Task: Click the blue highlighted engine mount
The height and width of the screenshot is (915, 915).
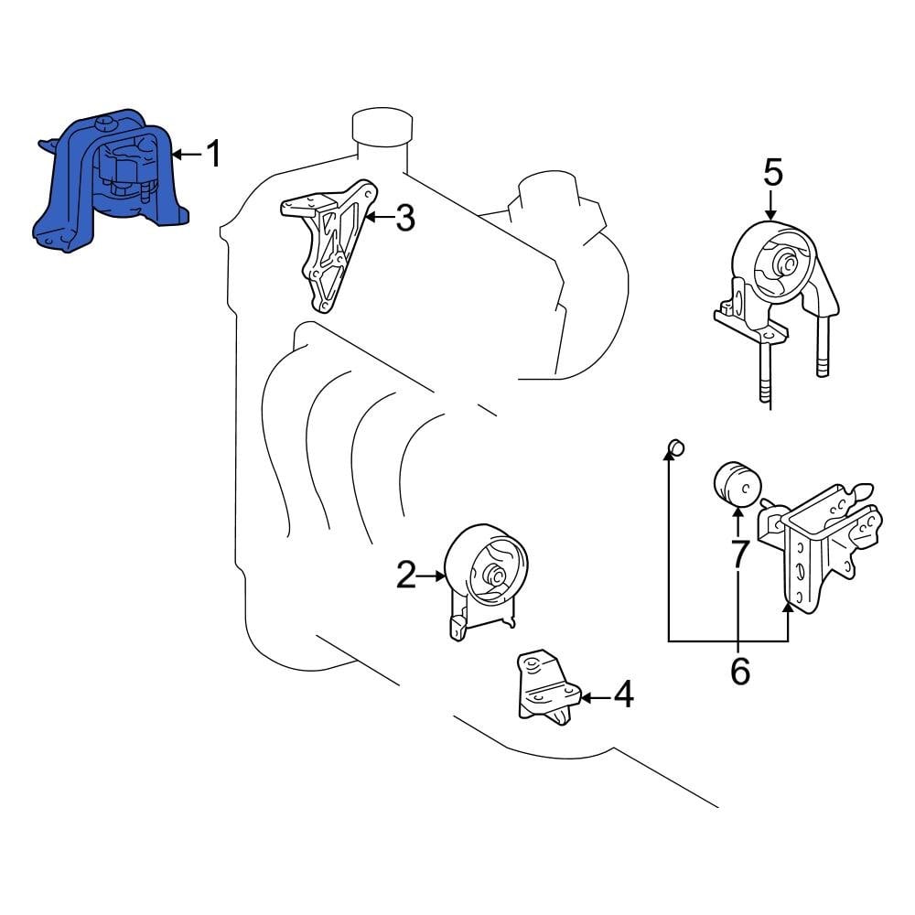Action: point(110,183)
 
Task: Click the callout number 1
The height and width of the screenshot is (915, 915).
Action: point(212,155)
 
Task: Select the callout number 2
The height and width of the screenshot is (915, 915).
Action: point(406,576)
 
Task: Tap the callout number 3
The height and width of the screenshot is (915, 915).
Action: point(404,218)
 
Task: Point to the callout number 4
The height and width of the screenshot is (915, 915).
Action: point(623,696)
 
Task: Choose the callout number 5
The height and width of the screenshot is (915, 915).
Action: point(773,171)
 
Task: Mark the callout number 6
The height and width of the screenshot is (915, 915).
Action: point(739,671)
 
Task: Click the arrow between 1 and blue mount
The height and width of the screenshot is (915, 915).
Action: point(187,155)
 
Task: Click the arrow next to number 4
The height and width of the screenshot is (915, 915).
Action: point(594,697)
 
